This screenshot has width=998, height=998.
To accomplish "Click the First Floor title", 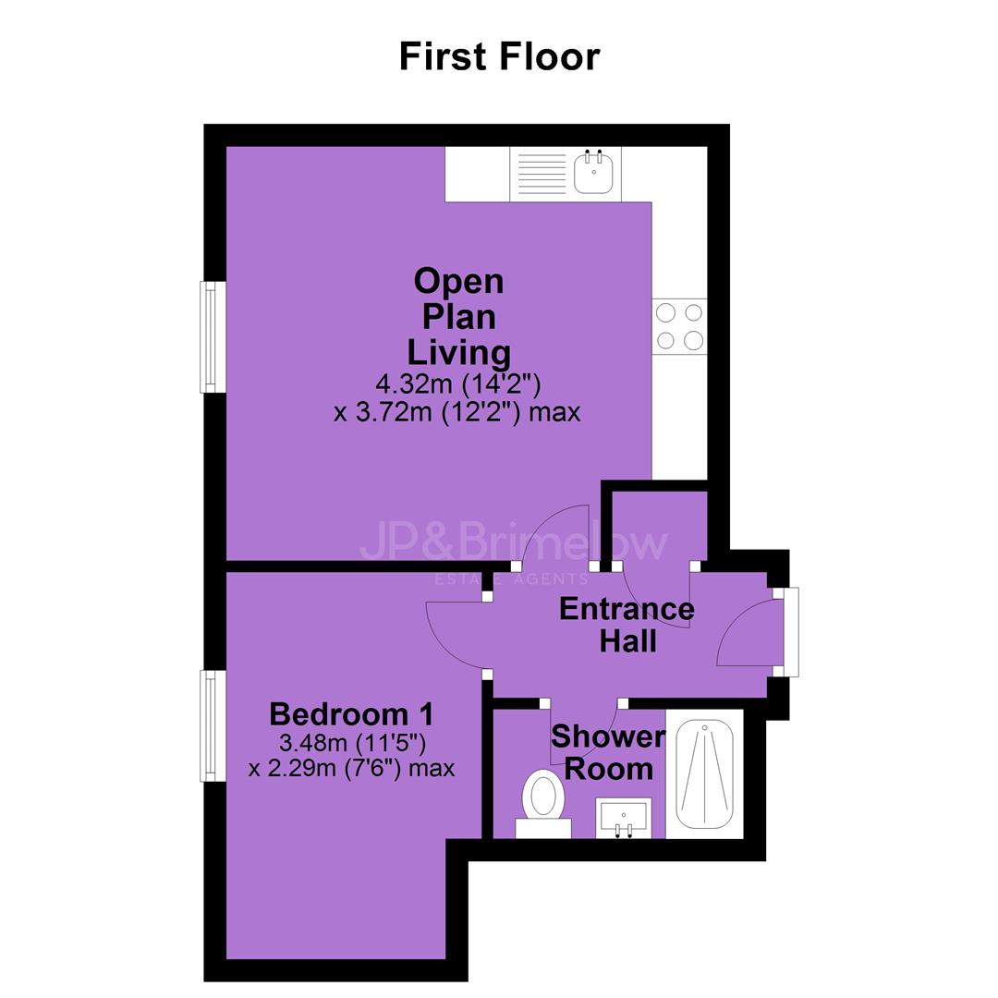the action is tap(499, 56).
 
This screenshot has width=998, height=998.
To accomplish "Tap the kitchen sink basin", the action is tap(593, 171).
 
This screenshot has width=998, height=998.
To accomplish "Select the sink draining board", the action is tap(542, 173).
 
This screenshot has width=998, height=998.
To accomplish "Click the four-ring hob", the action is tap(679, 326).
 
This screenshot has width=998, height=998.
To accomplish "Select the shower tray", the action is tap(704, 773).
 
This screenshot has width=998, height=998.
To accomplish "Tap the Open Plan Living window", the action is tap(213, 336).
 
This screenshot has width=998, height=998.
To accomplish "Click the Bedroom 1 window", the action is tap(213, 725).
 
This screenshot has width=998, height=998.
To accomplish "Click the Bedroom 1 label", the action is tap(351, 714).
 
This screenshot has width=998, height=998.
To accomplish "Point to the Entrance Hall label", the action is tap(627, 625).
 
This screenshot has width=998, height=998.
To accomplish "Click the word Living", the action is tap(459, 353).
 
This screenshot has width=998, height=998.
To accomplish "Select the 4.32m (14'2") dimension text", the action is tap(458, 383).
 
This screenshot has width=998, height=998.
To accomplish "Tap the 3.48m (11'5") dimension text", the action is tap(352, 742).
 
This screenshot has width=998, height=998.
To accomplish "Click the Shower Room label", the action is tap(608, 753).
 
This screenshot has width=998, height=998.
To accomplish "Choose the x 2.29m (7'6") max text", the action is tap(352, 768).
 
